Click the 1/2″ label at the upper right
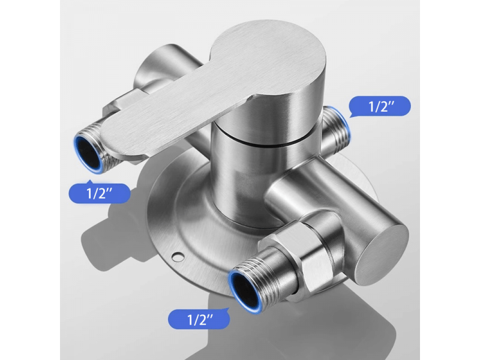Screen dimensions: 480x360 [x=380, y=106]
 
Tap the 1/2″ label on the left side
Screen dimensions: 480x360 [x=100, y=193]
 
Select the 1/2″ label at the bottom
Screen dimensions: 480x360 [x=199, y=319]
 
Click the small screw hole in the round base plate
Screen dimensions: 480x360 [x=177, y=257]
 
